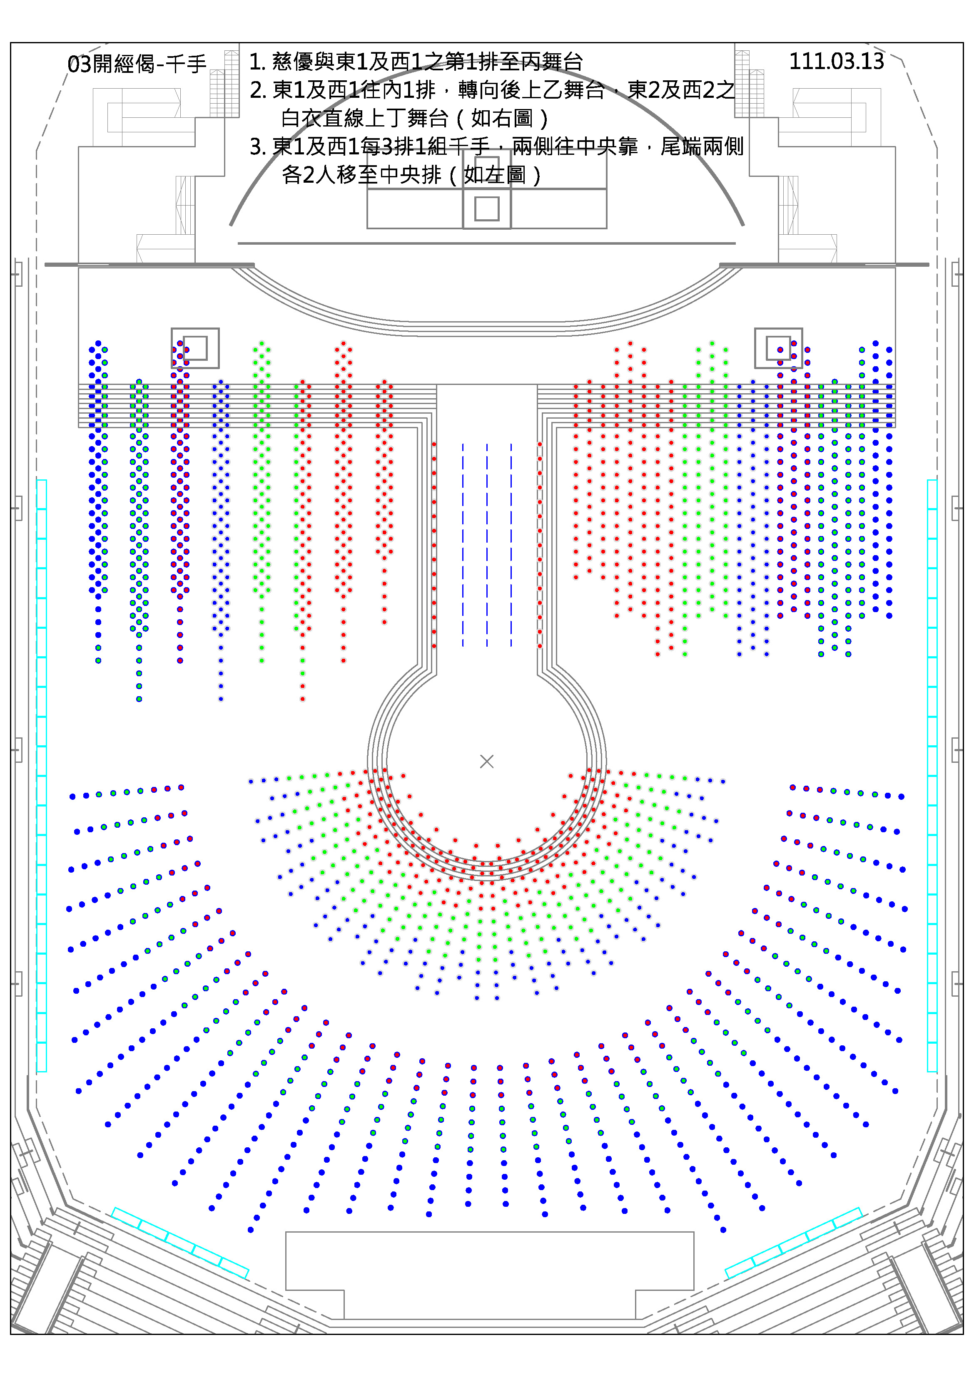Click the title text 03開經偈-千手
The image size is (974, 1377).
pyautogui.click(x=137, y=63)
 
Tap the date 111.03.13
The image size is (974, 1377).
pyautogui.click(x=836, y=61)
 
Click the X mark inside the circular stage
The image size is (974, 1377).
pyautogui.click(x=487, y=761)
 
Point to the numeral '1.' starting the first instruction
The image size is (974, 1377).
pyautogui.click(x=257, y=61)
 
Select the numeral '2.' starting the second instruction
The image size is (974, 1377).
pyautogui.click(x=258, y=90)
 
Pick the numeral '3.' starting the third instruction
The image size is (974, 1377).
pyautogui.click(x=258, y=146)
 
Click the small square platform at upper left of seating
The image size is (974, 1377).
pyautogui.click(x=195, y=348)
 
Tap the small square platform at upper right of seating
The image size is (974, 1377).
pyautogui.click(x=778, y=348)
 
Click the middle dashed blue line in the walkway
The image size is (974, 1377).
pyautogui.click(x=487, y=545)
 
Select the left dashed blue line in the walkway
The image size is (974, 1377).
pyautogui.click(x=463, y=545)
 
